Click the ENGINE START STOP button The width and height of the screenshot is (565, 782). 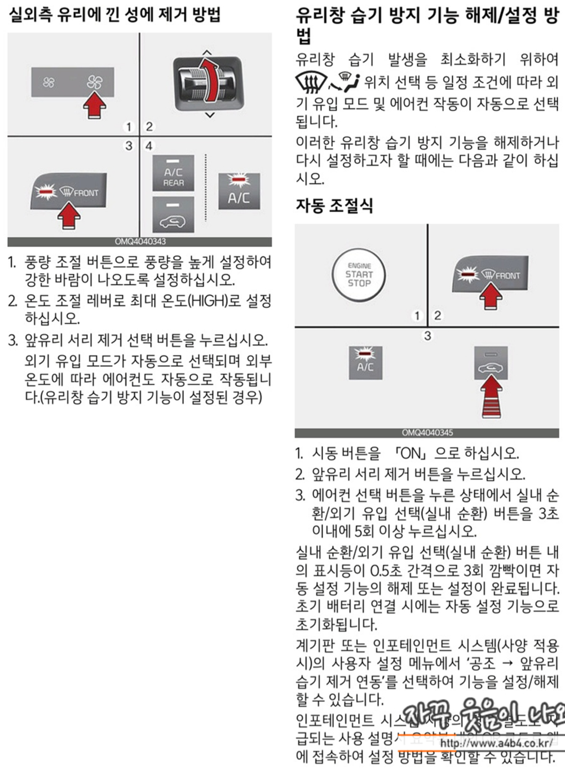point(360,275)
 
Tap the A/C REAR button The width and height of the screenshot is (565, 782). point(173,173)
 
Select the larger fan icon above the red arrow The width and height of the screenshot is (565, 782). point(95,83)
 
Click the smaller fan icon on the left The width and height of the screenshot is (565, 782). point(49,83)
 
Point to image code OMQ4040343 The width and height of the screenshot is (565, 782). point(140,241)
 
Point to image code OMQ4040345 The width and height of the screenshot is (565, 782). point(427,433)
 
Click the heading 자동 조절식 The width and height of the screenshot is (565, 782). point(334,205)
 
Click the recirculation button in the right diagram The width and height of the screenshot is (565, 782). point(491,363)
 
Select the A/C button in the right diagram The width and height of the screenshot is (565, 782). point(365,362)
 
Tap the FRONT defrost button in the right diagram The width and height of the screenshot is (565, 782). point(491,274)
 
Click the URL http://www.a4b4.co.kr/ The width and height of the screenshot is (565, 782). point(496,743)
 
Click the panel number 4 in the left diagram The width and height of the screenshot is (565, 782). point(149,146)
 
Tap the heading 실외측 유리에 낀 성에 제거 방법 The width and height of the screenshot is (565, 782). point(114,14)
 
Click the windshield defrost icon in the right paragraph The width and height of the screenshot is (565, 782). point(311,82)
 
